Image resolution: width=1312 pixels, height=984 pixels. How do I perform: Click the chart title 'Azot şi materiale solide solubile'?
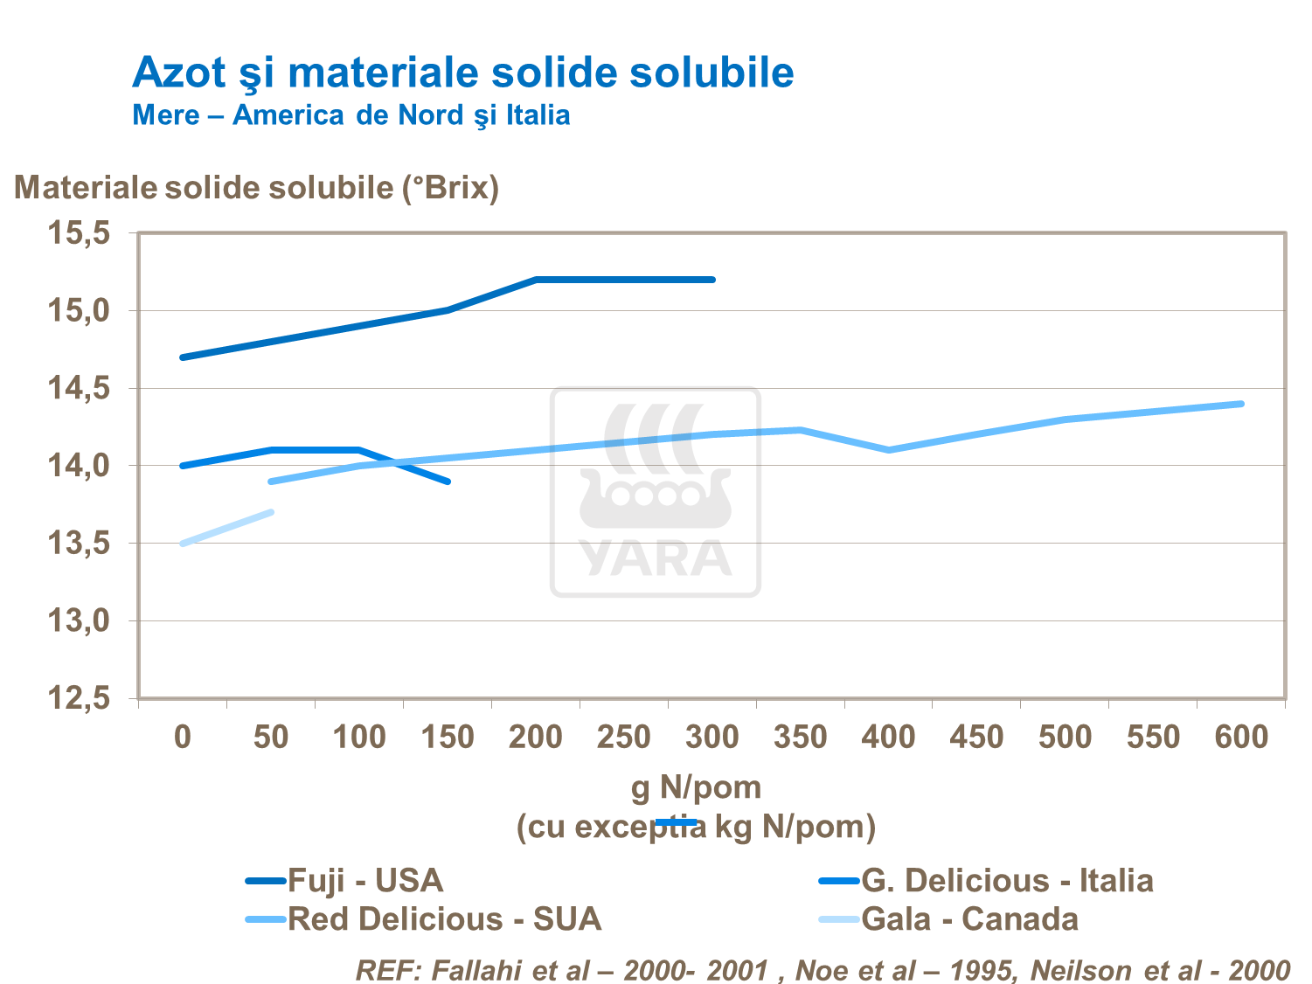(462, 72)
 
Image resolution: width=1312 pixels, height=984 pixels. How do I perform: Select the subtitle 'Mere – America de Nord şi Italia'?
(351, 115)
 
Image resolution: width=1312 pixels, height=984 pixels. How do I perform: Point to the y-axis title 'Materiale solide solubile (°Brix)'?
(256, 187)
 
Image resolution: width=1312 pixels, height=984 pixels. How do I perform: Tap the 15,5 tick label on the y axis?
(79, 233)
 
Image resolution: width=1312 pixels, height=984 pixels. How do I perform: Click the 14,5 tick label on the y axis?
(79, 388)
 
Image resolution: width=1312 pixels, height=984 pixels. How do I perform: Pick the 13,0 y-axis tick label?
(79, 621)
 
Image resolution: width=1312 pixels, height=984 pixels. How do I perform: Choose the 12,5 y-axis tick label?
(79, 698)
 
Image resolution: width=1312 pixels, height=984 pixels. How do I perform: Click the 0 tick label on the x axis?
(183, 737)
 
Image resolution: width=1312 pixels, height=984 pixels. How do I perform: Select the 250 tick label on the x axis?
(623, 737)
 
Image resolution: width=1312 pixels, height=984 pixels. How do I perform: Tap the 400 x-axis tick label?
(888, 737)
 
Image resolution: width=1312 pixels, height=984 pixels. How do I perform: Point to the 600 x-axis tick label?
(1241, 737)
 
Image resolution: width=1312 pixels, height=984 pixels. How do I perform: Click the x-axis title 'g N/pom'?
(696, 787)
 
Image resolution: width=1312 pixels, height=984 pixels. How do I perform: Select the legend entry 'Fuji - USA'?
(365, 880)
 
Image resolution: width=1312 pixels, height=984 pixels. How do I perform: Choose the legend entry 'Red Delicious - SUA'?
(444, 919)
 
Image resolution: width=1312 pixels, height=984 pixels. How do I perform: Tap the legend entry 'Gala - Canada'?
(969, 919)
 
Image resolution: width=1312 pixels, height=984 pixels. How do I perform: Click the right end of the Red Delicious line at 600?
(1241, 404)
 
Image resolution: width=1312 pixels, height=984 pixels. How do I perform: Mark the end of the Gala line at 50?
(271, 512)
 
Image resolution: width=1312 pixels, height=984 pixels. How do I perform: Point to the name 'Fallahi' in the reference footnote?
(476, 970)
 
